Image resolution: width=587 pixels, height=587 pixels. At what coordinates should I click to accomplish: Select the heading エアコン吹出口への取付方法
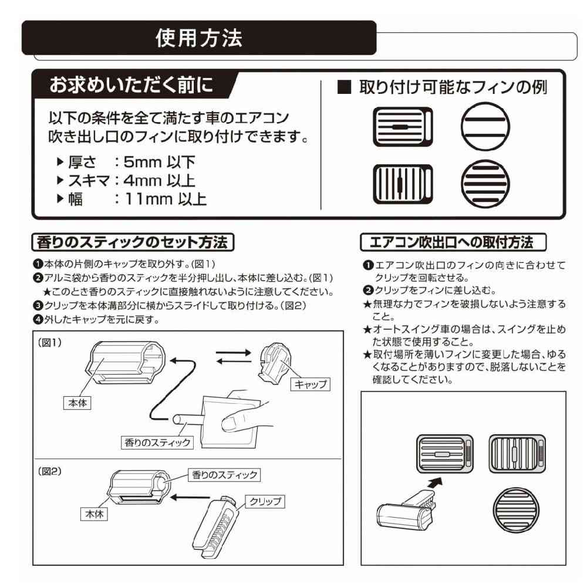pos(452,242)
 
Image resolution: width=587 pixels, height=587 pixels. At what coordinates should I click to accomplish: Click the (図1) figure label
pos(50,342)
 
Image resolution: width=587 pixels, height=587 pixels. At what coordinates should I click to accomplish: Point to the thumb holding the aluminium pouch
pos(235,420)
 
